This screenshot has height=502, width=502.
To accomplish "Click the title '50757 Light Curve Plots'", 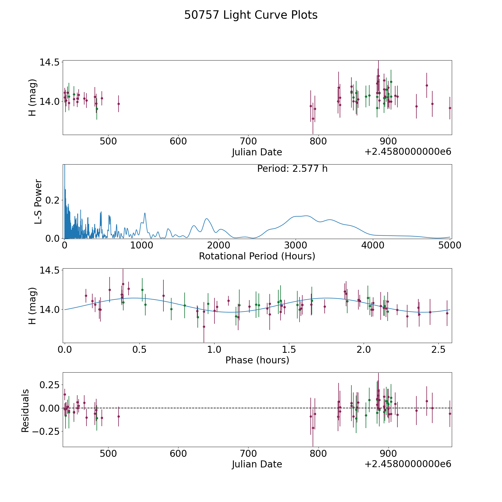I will (x=251, y=15).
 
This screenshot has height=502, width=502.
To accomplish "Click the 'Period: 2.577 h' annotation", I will (x=292, y=169).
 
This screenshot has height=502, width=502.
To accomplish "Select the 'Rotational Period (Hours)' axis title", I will (x=257, y=256).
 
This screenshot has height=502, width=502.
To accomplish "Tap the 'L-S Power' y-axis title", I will (x=38, y=201).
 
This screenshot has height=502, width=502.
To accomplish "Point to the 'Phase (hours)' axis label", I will (x=257, y=360).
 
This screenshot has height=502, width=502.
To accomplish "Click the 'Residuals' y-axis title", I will (x=25, y=411).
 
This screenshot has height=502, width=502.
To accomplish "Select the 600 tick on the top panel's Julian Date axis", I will (x=178, y=141).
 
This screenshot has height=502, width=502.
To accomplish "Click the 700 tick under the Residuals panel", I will (x=248, y=453).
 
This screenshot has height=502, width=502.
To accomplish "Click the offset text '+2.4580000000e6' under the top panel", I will (x=408, y=152).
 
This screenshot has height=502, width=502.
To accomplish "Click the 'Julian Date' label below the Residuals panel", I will (x=257, y=464).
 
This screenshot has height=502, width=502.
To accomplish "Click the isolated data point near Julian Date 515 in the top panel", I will (x=119, y=104).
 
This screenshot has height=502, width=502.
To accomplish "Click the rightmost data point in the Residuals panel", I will (x=450, y=414).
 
